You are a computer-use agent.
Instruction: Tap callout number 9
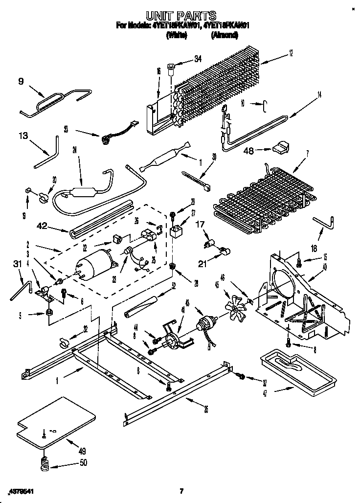[21, 82]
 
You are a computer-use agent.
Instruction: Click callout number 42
[43, 226]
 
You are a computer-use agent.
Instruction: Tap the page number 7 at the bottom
[181, 490]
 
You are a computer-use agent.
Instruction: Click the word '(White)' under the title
[177, 35]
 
